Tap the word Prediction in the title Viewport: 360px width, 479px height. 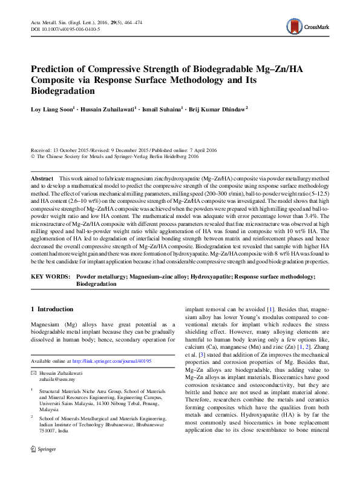(x=57, y=69)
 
